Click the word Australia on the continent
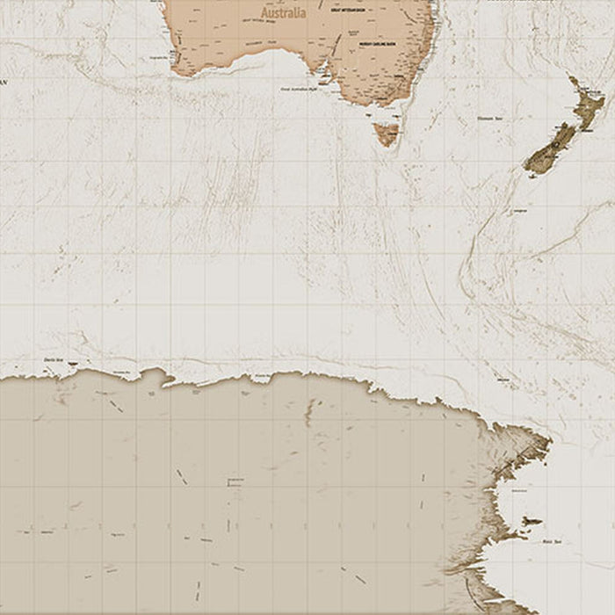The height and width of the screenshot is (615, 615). [284, 13]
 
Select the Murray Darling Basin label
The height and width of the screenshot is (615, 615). [379, 42]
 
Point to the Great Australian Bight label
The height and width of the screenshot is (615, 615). [297, 89]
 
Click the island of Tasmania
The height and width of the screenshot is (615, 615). [386, 134]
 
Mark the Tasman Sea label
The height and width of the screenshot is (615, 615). [488, 119]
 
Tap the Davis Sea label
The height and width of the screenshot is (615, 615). [51, 359]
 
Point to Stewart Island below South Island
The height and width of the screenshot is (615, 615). [532, 175]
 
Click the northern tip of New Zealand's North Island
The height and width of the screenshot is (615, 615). [571, 78]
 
